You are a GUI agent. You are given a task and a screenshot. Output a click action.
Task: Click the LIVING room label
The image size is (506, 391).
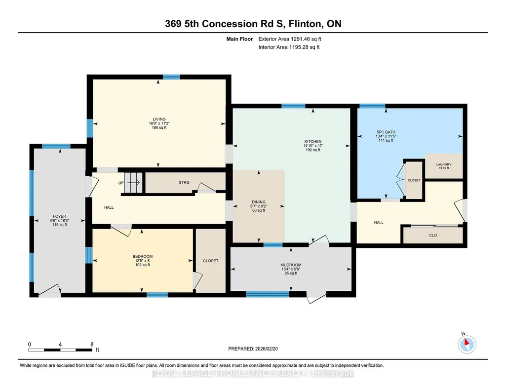[159, 119]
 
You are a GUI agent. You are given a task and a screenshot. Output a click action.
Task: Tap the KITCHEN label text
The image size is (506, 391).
[312, 141]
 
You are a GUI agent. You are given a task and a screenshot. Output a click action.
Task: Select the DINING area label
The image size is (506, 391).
[259, 202]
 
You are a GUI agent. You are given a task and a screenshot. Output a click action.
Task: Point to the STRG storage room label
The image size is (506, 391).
[184, 182]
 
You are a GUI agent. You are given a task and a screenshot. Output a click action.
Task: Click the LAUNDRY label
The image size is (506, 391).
[444, 164]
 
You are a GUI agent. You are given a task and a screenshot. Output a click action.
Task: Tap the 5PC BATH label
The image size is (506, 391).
[386, 132]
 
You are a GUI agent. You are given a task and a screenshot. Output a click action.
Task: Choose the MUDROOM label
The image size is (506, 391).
[291, 265]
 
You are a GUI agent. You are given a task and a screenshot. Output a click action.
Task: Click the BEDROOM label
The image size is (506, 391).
[142, 257]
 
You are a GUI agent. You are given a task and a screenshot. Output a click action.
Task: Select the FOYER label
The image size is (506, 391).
[59, 216]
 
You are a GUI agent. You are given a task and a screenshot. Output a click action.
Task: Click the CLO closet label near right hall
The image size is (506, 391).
[433, 235]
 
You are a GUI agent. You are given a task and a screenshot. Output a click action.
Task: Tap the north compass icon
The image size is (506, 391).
[467, 344]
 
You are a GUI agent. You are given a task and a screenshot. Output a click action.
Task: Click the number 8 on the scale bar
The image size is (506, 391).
[92, 344]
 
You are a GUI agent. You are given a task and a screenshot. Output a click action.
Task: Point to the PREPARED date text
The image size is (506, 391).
[253, 349]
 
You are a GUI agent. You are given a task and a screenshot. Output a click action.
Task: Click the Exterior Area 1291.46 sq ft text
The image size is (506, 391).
[289, 39]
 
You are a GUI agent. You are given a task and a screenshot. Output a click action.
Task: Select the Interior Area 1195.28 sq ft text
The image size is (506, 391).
[289, 47]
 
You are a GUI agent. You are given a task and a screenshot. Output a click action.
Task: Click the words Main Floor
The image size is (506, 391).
[239, 39]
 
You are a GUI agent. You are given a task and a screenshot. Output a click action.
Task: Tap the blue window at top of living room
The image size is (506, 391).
[171, 77]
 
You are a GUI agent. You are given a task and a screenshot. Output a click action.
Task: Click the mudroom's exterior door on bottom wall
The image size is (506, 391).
[316, 297]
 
